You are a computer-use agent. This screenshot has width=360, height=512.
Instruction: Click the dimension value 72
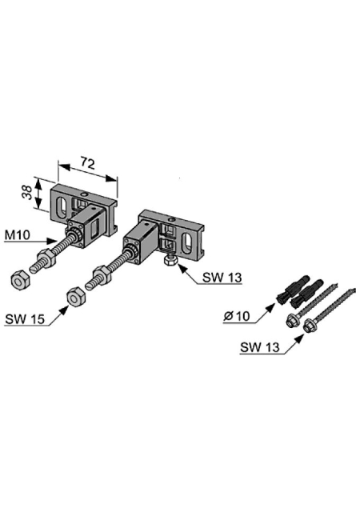tap(87, 163)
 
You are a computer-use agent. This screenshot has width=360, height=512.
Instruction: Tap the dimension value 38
tap(27, 192)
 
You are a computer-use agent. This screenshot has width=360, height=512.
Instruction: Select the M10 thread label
tap(18, 234)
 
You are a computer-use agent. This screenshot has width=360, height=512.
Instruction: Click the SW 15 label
tap(25, 318)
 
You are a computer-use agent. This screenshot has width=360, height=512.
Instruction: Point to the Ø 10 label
tap(237, 316)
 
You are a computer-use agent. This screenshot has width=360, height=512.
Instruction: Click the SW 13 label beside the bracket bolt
tap(222, 278)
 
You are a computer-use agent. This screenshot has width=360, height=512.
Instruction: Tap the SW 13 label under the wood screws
tap(260, 347)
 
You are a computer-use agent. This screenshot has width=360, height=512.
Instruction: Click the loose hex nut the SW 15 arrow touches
tap(76, 297)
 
